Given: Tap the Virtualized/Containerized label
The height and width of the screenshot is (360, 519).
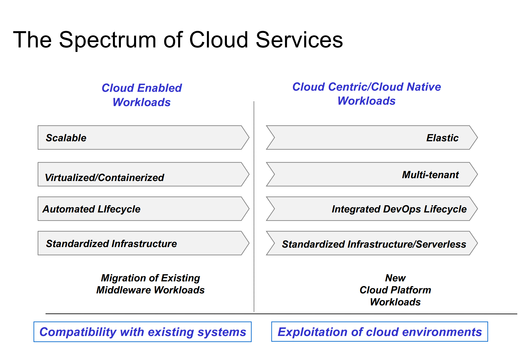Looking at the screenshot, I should (x=105, y=178).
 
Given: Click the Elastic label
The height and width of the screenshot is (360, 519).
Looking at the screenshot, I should (x=442, y=138).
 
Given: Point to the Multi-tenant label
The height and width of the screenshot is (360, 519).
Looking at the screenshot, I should (x=430, y=175).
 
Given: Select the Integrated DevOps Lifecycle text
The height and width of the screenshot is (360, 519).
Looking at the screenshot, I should (x=399, y=209).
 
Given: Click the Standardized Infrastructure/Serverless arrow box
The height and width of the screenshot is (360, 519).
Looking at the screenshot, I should (x=372, y=243).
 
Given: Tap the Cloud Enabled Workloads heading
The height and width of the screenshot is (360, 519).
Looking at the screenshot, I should (x=142, y=95).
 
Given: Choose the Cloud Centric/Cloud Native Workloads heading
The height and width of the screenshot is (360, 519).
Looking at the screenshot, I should (x=366, y=94).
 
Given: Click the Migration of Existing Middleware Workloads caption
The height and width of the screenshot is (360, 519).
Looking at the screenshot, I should (x=150, y=284).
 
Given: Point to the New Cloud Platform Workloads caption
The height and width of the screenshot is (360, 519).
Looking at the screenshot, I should (x=395, y=290).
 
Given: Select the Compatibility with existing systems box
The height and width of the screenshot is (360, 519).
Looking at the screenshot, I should (x=143, y=332).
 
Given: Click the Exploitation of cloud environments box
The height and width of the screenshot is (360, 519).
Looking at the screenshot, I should (x=380, y=332).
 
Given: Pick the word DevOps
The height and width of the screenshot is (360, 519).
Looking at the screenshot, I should (x=402, y=209).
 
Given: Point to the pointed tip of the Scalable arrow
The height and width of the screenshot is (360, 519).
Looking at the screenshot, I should (x=248, y=138).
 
